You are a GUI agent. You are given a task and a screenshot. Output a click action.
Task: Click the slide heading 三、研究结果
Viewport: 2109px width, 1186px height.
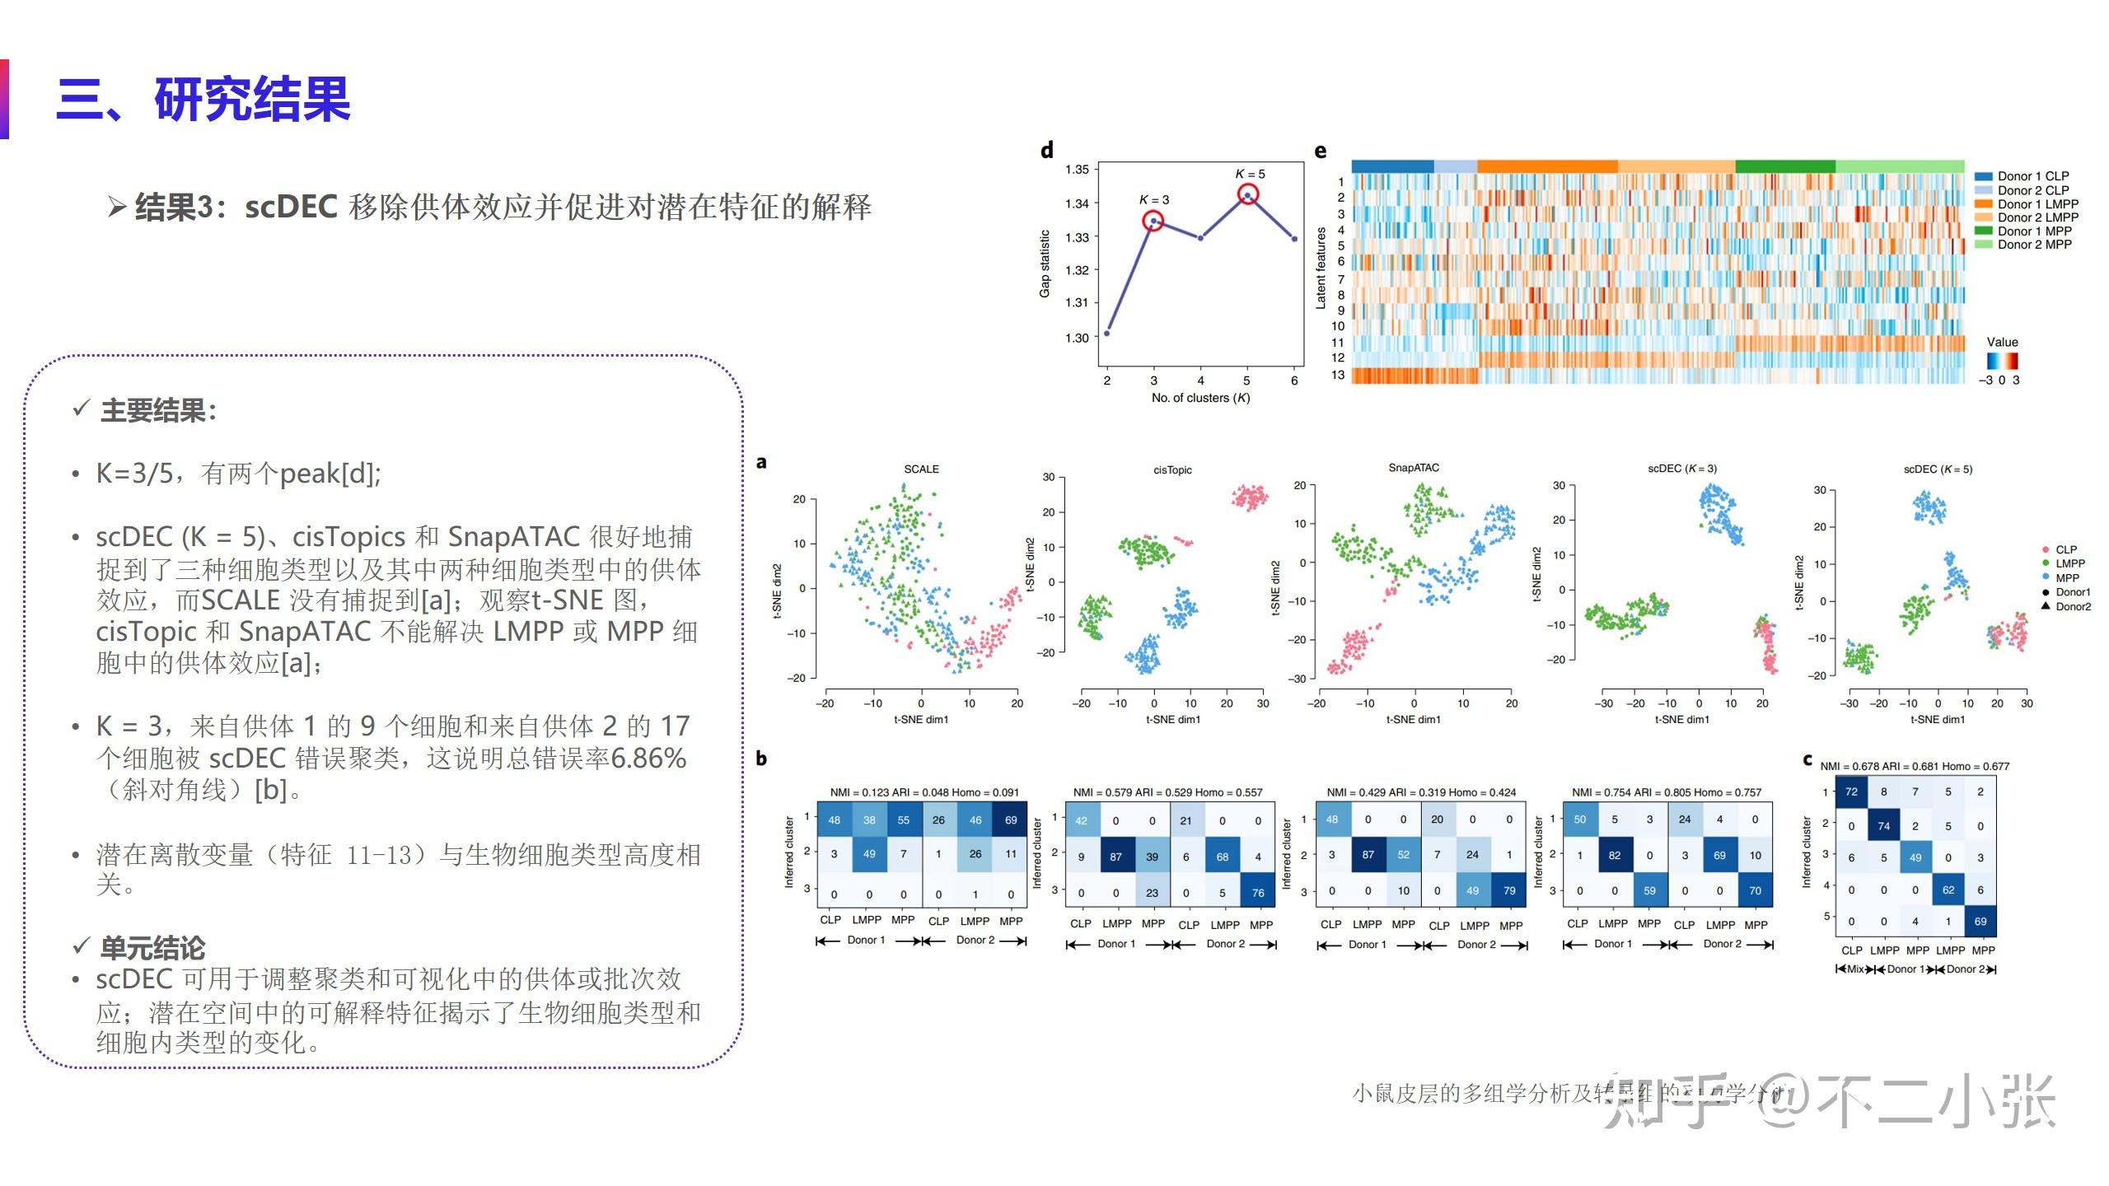[203, 100]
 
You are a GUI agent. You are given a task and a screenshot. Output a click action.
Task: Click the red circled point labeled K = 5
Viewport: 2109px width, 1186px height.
[1248, 195]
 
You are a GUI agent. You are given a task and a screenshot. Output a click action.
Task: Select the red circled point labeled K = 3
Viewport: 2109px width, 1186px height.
[1153, 221]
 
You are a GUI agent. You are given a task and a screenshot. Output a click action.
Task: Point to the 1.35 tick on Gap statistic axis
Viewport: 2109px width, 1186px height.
[1077, 170]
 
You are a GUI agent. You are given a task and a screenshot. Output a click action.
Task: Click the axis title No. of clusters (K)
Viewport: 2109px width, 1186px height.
[1200, 398]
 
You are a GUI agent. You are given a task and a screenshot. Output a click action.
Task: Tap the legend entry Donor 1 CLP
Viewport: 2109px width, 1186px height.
[2032, 176]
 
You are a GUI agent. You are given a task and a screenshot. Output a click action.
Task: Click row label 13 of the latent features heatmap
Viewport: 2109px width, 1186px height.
[1337, 375]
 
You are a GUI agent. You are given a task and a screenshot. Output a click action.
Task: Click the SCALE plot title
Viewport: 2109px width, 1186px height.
[921, 469]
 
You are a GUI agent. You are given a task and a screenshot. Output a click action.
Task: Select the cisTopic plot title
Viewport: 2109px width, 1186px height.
[1172, 470]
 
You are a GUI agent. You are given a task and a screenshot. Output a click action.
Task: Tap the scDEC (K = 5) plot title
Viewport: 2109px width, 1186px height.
[1938, 469]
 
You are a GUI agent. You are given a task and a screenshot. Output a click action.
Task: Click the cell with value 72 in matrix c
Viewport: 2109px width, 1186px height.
[1851, 791]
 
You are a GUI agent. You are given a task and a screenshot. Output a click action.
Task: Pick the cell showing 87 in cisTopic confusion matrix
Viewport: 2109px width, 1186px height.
[1115, 857]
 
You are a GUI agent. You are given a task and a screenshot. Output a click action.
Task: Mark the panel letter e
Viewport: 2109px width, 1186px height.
[1321, 151]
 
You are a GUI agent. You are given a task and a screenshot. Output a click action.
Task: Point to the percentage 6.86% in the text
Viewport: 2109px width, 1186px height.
[648, 758]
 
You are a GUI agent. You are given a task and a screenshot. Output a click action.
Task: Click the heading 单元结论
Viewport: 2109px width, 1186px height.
[152, 948]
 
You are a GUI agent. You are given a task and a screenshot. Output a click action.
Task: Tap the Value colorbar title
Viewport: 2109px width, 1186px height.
[2002, 342]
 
